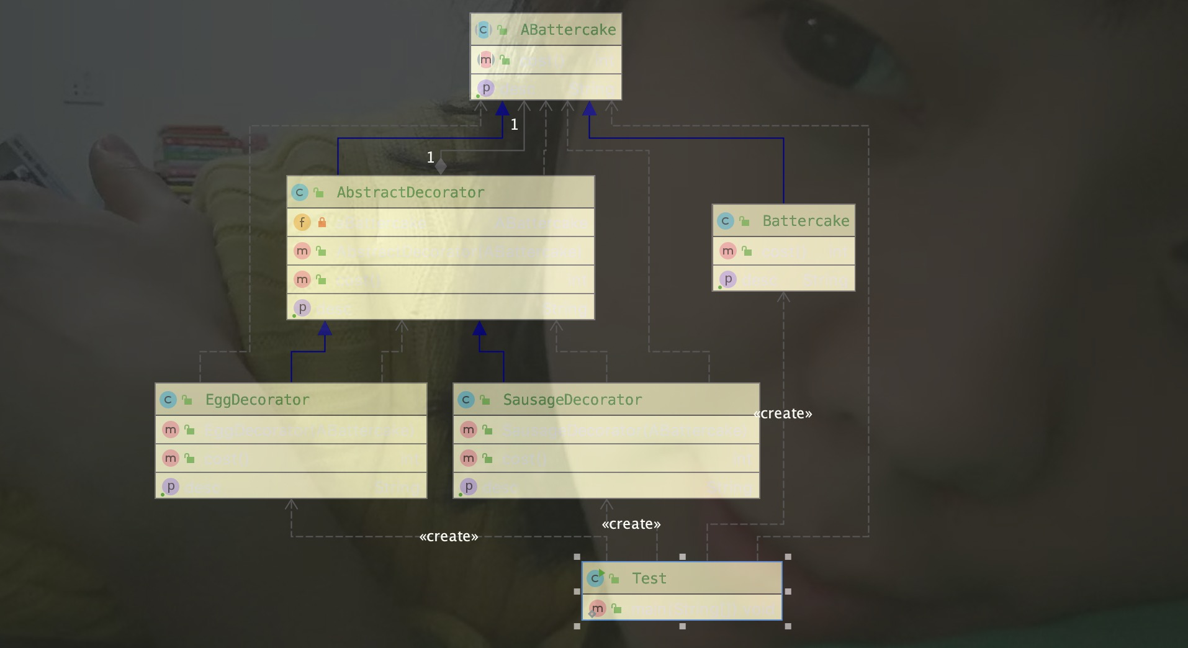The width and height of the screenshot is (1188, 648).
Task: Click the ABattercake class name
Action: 567,30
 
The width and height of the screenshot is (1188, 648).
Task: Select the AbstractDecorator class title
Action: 410,192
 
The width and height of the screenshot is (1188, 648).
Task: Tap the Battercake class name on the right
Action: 805,221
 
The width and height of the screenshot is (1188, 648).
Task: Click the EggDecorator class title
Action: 257,400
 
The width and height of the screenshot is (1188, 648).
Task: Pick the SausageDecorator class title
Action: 572,400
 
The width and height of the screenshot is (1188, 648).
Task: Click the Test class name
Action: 649,578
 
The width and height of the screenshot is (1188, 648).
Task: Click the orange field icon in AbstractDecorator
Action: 302,222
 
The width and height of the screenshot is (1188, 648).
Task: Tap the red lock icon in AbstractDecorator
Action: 322,222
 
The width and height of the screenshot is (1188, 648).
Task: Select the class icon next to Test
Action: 595,578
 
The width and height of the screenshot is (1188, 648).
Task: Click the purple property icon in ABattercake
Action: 486,88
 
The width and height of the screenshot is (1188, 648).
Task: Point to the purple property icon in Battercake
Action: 728,279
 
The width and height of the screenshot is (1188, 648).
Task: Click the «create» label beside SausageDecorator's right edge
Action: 783,414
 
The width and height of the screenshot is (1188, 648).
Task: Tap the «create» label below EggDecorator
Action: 449,537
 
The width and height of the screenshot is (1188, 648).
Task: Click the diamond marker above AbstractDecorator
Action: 441,166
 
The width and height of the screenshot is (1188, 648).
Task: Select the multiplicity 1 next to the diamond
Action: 430,158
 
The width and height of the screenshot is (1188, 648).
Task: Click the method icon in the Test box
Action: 598,608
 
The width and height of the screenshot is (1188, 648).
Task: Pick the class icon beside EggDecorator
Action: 168,400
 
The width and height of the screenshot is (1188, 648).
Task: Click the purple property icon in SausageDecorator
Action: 469,487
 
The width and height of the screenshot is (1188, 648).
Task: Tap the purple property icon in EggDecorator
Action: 171,487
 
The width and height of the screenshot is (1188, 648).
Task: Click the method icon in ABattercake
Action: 486,60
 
